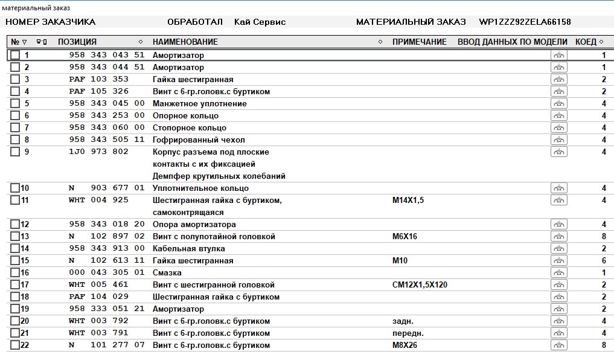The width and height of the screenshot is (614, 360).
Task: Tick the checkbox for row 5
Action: [15, 103]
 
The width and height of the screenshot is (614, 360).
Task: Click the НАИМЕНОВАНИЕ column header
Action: [185, 42]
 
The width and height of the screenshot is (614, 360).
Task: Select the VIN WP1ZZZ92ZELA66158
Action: [525, 22]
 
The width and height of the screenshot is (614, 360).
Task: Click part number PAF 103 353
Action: [98, 79]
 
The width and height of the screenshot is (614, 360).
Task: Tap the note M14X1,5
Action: [408, 200]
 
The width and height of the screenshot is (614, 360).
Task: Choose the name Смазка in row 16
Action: [167, 272]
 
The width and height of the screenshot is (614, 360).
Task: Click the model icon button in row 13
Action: [558, 236]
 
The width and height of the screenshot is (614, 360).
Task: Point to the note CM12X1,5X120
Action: [419, 284]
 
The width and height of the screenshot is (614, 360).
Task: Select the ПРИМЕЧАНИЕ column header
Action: [419, 42]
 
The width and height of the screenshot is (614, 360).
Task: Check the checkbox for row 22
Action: [15, 345]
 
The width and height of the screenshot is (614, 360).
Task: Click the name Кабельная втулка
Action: [188, 248]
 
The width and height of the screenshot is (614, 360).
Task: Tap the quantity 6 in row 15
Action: [603, 260]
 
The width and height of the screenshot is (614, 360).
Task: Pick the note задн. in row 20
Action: [403, 321]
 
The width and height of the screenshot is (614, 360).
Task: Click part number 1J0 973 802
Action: [98, 152]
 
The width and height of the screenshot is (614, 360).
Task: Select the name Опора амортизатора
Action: [194, 224]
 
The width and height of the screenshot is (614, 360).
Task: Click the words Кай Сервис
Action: [260, 22]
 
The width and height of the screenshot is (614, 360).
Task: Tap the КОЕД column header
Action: [586, 42]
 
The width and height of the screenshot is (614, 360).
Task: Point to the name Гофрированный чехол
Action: [199, 140]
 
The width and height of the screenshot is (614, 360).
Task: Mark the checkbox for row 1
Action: [15, 55]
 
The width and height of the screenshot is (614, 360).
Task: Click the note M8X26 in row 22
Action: [405, 345]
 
